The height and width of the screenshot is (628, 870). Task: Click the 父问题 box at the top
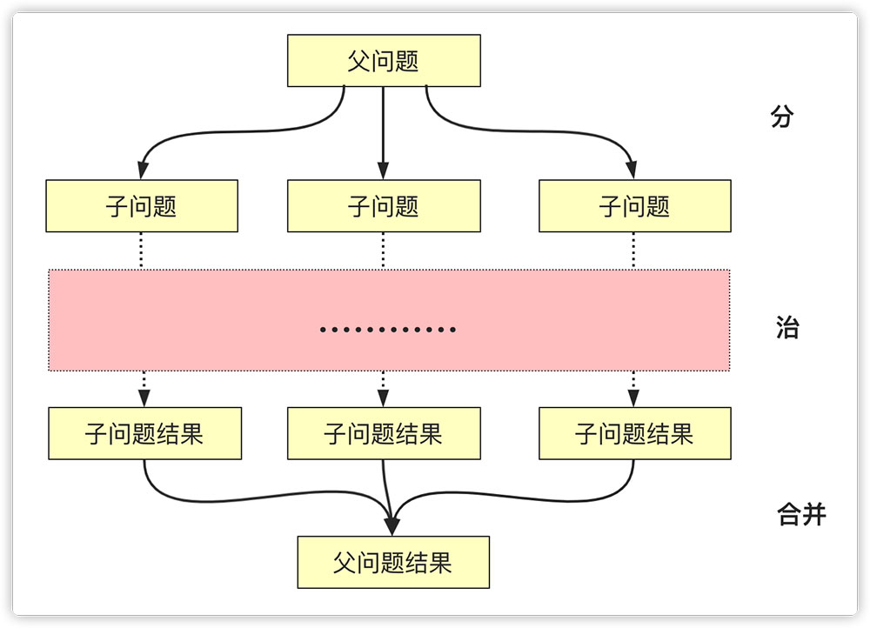pyautogui.click(x=384, y=61)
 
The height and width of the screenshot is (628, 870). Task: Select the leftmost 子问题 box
pyautogui.click(x=142, y=206)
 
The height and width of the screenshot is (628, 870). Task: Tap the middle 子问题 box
pyautogui.click(x=384, y=206)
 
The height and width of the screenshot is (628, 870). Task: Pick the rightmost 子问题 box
pyautogui.click(x=634, y=206)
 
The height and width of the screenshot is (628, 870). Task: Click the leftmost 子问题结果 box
pyautogui.click(x=144, y=433)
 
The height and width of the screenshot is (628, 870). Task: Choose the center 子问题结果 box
pyautogui.click(x=384, y=433)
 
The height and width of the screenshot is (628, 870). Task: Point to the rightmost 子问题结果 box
pyautogui.click(x=634, y=433)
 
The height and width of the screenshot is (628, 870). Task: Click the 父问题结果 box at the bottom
pyautogui.click(x=393, y=562)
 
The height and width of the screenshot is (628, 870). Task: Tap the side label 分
pyautogui.click(x=782, y=117)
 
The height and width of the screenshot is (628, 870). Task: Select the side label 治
pyautogui.click(x=786, y=329)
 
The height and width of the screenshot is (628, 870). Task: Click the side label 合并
pyautogui.click(x=800, y=515)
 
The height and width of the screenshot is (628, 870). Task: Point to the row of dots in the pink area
pyautogui.click(x=388, y=330)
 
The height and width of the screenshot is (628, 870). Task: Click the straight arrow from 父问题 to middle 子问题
pyautogui.click(x=383, y=130)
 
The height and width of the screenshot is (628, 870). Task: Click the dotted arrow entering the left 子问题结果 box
pyautogui.click(x=144, y=390)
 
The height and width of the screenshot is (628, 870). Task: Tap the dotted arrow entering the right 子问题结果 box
pyautogui.click(x=633, y=390)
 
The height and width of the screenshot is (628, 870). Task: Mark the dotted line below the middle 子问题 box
pyautogui.click(x=383, y=251)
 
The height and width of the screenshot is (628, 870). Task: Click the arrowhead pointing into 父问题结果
pyautogui.click(x=391, y=525)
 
